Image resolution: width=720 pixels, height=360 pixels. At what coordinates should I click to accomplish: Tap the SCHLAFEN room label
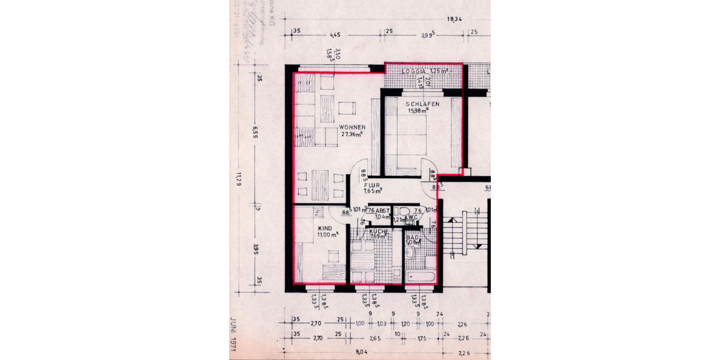(422, 104)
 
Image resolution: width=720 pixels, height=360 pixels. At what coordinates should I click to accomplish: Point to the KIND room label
(325, 229)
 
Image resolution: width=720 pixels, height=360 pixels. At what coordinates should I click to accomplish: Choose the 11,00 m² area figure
(327, 235)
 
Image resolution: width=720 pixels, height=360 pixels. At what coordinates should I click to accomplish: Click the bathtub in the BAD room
(420, 277)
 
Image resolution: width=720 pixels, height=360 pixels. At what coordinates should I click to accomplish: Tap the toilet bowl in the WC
(403, 211)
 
